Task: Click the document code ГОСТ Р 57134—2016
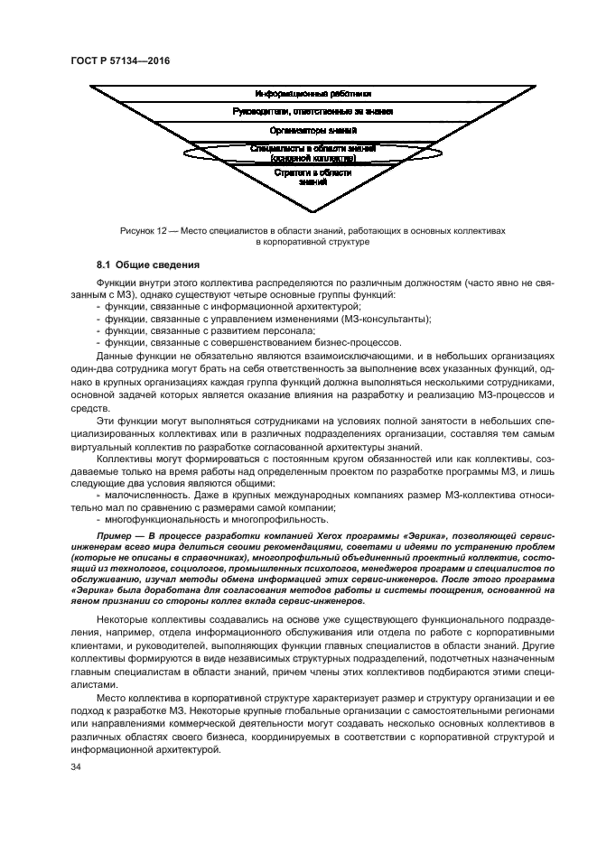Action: (x=119, y=60)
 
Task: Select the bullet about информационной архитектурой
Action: (x=208, y=307)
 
